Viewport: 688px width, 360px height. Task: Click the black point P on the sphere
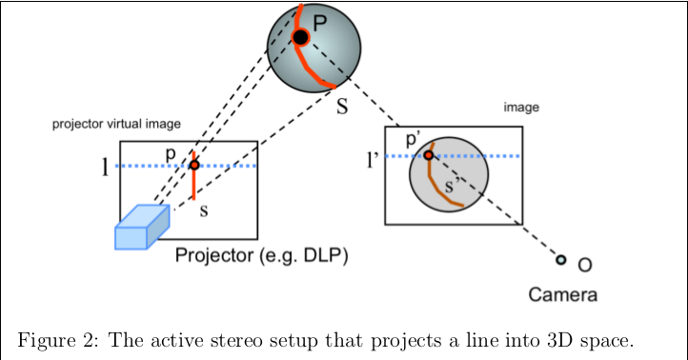[x=300, y=37]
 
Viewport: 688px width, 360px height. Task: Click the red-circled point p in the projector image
[x=194, y=165]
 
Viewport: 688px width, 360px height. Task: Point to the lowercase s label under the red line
[x=203, y=210]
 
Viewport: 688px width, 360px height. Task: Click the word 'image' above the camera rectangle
[x=521, y=108]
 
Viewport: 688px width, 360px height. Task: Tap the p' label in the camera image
[x=415, y=140]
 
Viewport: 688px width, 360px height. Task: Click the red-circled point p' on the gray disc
[x=429, y=155]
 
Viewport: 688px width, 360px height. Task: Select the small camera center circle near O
[x=560, y=260]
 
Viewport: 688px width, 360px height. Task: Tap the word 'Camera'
[x=563, y=294]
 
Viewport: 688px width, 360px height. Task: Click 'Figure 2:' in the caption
[x=56, y=339]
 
